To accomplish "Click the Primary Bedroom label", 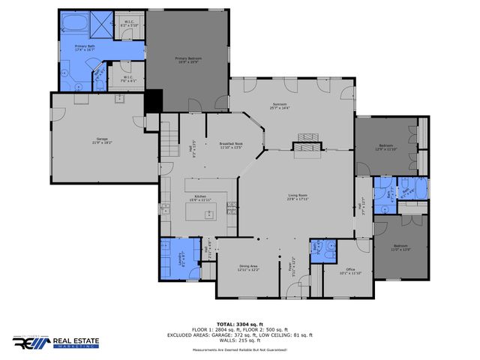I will click(189, 59).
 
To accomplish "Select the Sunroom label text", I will click(279, 106).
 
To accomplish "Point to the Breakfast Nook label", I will click(231, 146).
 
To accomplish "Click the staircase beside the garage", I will click(171, 139).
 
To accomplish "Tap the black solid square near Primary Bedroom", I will click(154, 99).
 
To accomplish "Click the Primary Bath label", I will click(84, 48).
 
